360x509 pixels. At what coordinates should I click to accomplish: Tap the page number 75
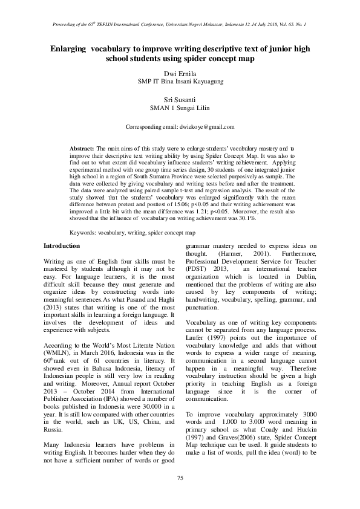[180, 478]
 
